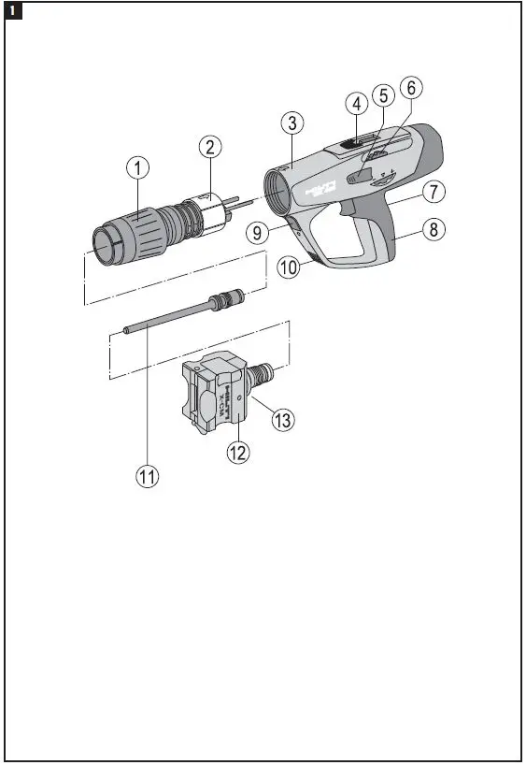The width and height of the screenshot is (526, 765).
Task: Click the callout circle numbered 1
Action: (x=138, y=168)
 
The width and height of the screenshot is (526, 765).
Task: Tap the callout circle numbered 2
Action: (x=211, y=146)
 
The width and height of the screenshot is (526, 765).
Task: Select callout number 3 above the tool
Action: (x=292, y=123)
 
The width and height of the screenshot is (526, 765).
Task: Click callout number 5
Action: (x=382, y=95)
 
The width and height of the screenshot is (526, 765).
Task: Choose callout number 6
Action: (x=409, y=88)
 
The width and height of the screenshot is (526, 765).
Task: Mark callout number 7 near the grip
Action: (x=432, y=193)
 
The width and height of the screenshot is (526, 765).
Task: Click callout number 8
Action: (x=432, y=229)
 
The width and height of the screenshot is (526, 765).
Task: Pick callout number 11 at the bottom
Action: (x=147, y=474)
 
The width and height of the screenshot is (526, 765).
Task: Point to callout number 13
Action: (x=281, y=421)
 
